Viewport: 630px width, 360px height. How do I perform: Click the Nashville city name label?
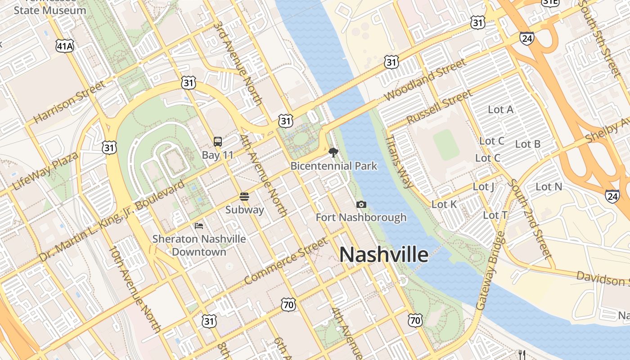pos(384,255)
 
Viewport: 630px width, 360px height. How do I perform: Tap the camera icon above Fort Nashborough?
pos(361,205)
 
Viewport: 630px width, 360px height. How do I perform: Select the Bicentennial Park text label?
pos(333,166)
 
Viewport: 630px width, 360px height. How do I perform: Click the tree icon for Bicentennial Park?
pos(333,153)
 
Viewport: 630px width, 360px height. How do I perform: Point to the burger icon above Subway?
pos(244,197)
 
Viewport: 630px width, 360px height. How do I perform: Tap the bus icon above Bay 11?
pos(218,142)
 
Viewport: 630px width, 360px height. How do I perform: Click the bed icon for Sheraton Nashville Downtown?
pos(198,225)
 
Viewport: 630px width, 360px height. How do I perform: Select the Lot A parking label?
pos(500,109)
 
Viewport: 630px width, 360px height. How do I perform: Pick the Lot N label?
pos(549,186)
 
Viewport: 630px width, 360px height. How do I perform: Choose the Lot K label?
pos(444,204)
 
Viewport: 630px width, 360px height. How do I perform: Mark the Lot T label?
pos(495,216)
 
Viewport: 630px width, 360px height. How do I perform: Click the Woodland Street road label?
pos(425,80)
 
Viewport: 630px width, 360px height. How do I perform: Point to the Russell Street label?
pos(439,107)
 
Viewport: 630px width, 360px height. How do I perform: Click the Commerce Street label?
pos(286,261)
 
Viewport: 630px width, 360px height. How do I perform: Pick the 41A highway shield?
pos(64,45)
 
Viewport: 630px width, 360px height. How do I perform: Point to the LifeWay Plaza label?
pos(45,171)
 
